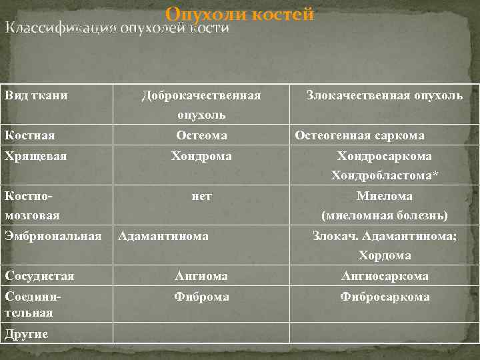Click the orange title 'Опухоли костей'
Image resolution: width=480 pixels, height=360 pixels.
click(240, 14)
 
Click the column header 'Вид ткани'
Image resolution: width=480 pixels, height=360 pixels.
click(36, 95)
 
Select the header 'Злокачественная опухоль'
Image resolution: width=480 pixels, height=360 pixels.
click(385, 95)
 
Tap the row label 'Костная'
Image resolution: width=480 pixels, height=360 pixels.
click(29, 136)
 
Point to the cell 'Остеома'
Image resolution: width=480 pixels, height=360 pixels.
click(201, 136)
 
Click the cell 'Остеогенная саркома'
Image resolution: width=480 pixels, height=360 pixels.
click(359, 136)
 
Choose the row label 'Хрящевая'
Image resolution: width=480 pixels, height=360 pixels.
click(33, 156)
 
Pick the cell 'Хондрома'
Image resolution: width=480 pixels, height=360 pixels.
click(201, 156)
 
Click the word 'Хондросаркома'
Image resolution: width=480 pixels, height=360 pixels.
click(385, 156)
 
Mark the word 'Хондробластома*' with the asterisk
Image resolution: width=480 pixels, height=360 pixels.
click(385, 176)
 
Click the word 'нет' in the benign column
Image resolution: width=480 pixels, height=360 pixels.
click(201, 196)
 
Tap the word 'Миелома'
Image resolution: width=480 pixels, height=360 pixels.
click(385, 196)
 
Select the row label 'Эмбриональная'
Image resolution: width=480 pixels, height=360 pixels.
click(53, 236)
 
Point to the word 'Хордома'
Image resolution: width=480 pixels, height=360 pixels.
click(385, 256)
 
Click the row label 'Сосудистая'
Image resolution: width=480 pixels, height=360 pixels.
click(39, 276)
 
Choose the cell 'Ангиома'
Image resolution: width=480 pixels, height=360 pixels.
click(201, 276)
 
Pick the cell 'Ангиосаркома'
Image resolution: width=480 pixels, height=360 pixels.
click(385, 276)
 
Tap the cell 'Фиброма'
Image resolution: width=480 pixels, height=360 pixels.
click(201, 297)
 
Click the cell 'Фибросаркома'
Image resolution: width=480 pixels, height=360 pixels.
click(385, 297)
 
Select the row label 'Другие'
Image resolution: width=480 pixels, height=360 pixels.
click(27, 334)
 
